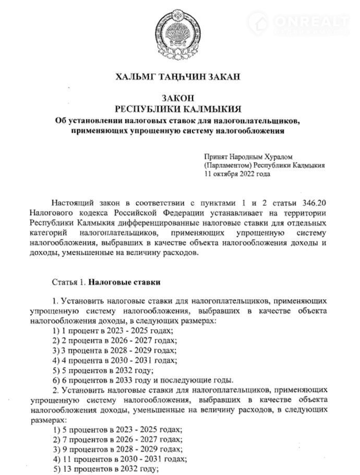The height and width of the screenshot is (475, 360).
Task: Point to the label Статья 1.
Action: pos(69,282)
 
